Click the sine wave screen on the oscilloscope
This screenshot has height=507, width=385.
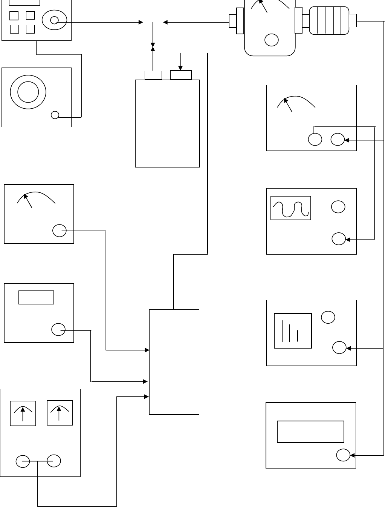(291, 208)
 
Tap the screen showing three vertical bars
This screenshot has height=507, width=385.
(293, 331)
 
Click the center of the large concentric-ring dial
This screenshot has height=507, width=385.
(28, 91)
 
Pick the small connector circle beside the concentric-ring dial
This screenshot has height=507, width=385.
(55, 115)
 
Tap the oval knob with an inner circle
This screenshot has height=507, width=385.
(54, 20)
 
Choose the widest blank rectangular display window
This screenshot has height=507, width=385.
(310, 432)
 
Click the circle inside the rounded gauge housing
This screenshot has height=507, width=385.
(272, 40)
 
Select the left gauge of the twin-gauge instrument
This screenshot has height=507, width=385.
(23, 413)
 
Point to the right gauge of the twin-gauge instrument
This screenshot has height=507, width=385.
(60, 413)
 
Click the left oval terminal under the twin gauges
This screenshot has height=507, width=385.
(23, 461)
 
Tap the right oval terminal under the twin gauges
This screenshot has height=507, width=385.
(54, 461)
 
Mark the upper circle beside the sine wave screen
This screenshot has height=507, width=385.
(338, 207)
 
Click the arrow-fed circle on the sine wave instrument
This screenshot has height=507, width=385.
(338, 239)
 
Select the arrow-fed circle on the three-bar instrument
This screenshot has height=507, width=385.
(339, 348)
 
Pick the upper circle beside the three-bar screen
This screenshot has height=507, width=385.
(328, 317)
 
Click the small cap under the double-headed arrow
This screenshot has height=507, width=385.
(153, 75)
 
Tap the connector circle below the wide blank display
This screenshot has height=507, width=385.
(343, 455)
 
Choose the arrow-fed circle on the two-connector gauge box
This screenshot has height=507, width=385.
(338, 140)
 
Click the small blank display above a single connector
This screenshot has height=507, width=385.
(37, 297)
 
